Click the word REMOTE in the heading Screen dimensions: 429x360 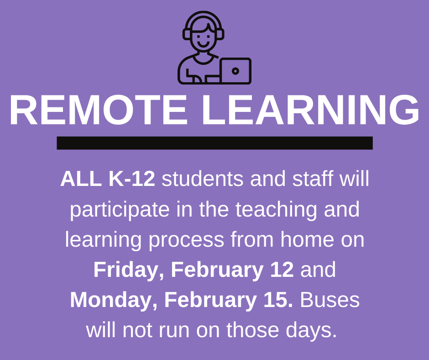click(98, 110)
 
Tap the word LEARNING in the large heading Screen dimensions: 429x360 click(310, 110)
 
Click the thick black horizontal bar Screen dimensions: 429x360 click(214, 143)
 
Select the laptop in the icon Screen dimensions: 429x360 click(235, 71)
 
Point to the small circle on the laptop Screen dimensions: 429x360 click(235, 71)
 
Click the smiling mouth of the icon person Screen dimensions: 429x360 click(203, 44)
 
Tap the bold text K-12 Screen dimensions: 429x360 click(132, 179)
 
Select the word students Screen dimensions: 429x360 click(203, 179)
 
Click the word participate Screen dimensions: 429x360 click(120, 210)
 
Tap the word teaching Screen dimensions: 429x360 click(276, 210)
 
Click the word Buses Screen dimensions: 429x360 click(330, 300)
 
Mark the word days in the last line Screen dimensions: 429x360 click(311, 330)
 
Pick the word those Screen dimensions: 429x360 click(252, 330)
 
